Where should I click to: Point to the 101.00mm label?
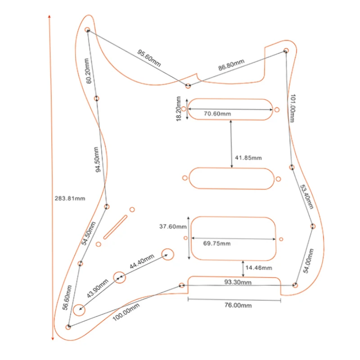293,109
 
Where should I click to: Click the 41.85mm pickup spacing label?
248,158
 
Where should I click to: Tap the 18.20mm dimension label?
179,108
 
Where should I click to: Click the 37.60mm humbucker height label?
173,226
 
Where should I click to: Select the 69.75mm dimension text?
216,243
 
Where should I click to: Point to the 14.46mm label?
259,268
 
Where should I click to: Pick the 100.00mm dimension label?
126,311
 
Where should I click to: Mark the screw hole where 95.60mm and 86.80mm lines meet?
188,85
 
